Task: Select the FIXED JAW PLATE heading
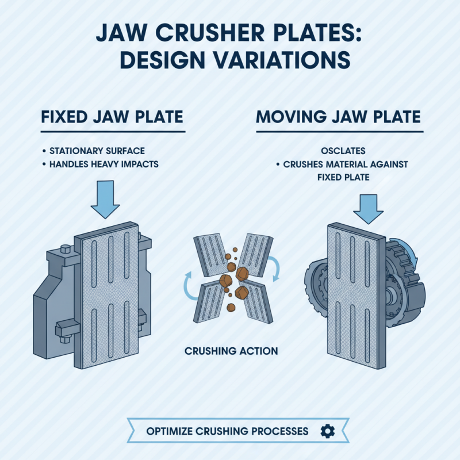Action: [x=112, y=117]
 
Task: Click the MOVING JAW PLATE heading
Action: [x=338, y=117]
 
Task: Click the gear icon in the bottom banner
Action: [x=327, y=431]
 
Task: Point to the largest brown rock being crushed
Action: [x=225, y=280]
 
